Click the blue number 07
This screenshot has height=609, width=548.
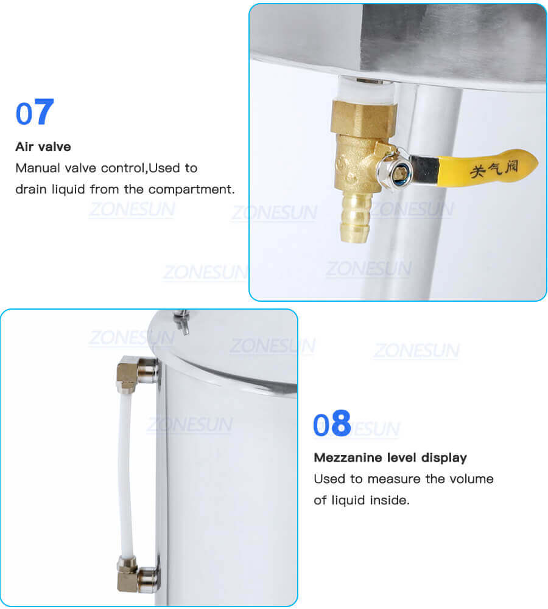pos(35,113)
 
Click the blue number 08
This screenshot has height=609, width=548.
pos(332,424)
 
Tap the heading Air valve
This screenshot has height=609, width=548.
pos(43,147)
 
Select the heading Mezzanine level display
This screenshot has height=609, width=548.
pos(390,458)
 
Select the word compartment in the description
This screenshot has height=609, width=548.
pos(191,189)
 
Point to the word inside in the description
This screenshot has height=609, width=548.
pos(387,501)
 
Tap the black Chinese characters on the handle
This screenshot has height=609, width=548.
pos(493,166)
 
